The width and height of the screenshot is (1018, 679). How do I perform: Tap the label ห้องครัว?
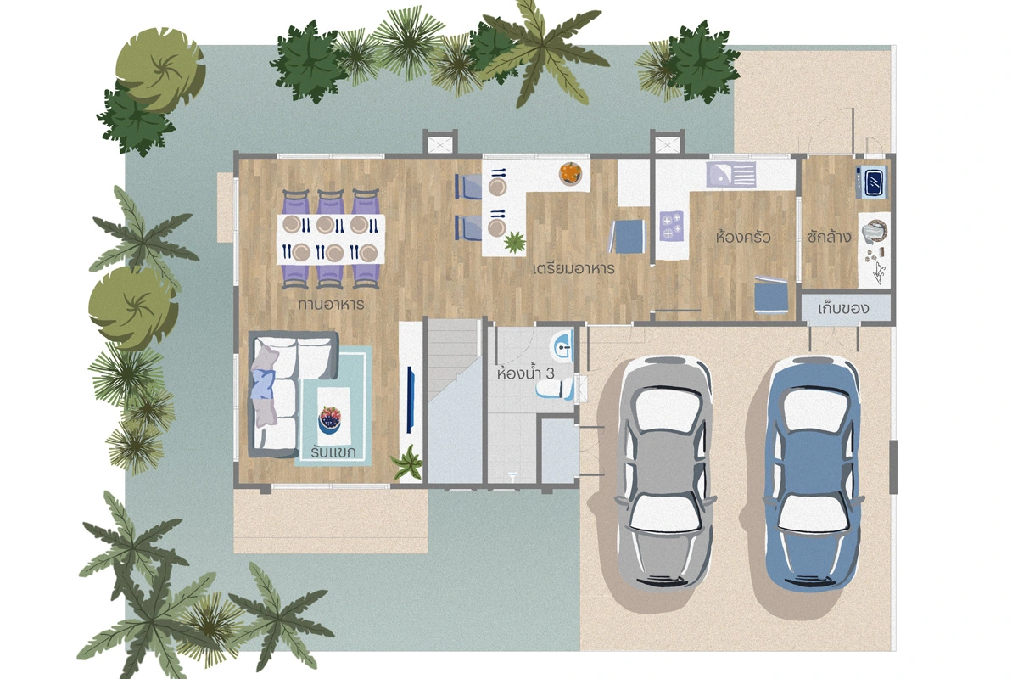(743, 238)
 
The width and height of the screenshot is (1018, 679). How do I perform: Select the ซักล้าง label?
(829, 237)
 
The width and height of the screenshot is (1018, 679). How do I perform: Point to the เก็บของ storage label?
(843, 308)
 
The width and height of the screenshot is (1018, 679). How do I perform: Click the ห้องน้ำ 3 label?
(525, 373)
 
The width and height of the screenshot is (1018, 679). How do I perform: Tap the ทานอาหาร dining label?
(332, 304)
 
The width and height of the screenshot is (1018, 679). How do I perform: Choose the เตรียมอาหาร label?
(573, 269)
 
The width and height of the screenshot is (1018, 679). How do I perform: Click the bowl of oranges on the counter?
(570, 173)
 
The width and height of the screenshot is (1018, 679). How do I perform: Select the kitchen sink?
(730, 175)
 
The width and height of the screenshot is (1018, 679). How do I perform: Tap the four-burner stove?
(671, 226)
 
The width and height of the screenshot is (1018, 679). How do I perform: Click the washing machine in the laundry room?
(871, 182)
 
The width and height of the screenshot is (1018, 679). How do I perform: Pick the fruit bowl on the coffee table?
(330, 419)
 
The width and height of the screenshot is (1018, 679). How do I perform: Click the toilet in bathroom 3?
(555, 390)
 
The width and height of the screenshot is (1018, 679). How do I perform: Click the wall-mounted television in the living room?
(411, 399)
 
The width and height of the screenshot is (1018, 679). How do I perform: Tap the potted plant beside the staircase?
(408, 462)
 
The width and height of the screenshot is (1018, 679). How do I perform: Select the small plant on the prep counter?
(514, 241)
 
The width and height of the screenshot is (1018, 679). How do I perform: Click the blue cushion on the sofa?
(264, 384)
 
